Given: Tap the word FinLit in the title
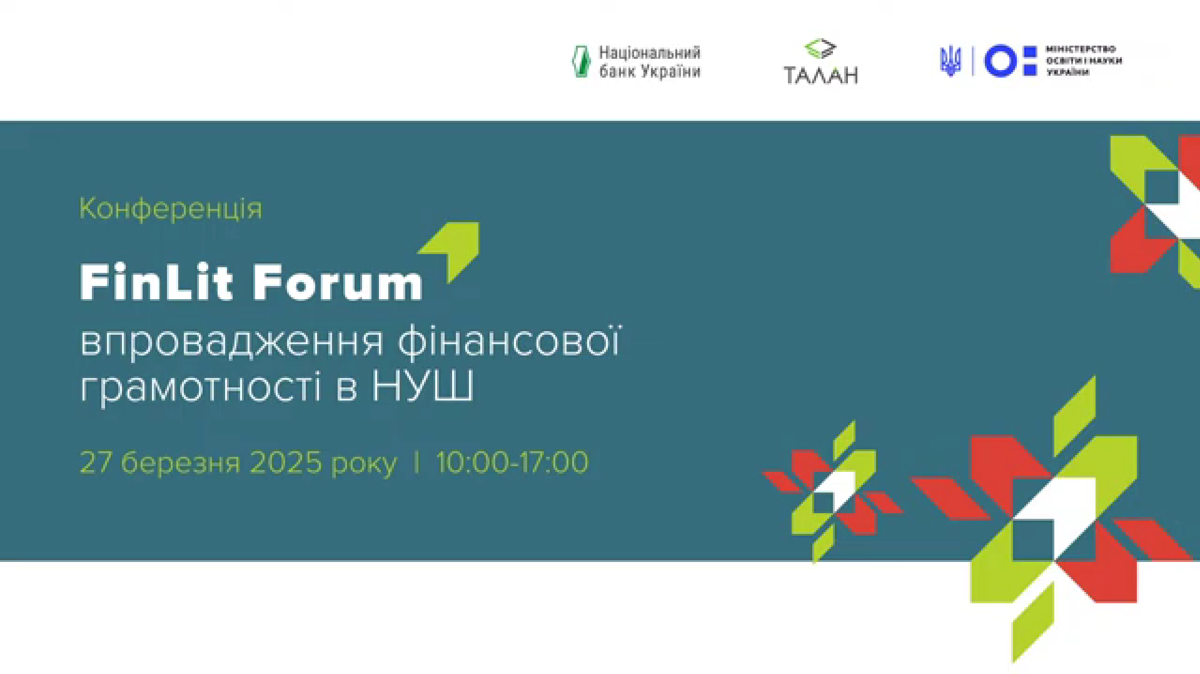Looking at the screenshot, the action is coord(157,282).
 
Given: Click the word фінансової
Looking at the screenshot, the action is coord(509,342).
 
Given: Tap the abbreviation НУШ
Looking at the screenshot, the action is coord(423,386).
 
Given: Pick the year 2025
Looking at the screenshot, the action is coord(285,463).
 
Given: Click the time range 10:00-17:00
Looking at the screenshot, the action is coord(512,463).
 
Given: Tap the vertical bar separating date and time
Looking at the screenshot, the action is coord(416,463).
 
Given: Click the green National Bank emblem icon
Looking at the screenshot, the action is coord(582,61).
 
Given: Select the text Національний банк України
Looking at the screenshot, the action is coord(650,62).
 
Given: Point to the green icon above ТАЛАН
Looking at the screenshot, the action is coord(820,49).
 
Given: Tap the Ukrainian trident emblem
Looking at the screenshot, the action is coord(950,61).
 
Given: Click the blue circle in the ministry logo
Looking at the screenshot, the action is coord(1000,61).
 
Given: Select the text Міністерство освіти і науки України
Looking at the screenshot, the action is coord(1084,61).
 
